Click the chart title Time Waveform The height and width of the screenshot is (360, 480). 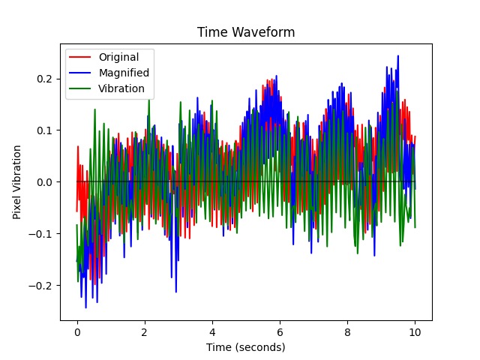(x=246, y=32)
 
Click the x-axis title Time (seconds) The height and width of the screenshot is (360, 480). (x=246, y=347)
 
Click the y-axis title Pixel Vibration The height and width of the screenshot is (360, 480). (x=16, y=182)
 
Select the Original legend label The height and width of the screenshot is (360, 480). (x=119, y=57)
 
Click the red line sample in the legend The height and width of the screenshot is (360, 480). (x=82, y=57)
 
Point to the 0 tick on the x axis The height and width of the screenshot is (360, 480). (x=76, y=331)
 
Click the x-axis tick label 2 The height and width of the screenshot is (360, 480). (x=145, y=331)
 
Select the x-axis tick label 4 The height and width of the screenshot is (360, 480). (x=212, y=331)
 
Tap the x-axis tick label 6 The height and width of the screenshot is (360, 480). (x=280, y=331)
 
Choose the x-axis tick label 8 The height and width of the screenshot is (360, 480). (x=347, y=331)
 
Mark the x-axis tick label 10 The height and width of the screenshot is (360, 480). (x=415, y=331)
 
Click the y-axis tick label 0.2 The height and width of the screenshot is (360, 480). (x=44, y=79)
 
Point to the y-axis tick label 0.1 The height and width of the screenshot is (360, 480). (x=44, y=130)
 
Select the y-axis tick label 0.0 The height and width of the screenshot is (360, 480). (x=44, y=182)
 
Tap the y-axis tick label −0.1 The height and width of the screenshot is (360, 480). (x=41, y=234)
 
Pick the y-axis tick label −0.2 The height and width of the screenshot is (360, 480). (x=41, y=286)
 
